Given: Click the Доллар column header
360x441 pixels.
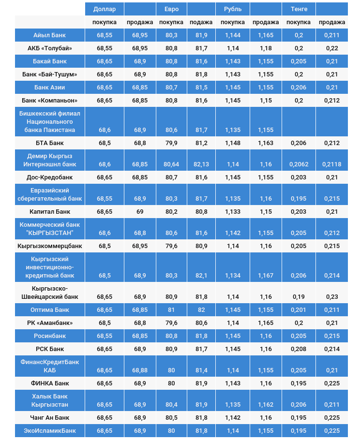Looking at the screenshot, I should (x=105, y=9).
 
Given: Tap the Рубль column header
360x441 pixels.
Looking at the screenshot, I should (x=233, y=9).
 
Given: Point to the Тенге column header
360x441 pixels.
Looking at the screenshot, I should (x=299, y=9).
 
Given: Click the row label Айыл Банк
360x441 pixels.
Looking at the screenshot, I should (x=50, y=35).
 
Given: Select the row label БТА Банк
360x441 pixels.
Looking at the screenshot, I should (x=50, y=143).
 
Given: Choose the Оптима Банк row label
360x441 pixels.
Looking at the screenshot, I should (x=50, y=309).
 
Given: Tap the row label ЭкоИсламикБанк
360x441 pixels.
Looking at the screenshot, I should (x=50, y=430).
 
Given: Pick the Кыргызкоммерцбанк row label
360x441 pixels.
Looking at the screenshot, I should (x=50, y=246).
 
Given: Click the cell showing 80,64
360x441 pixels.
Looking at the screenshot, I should (x=171, y=164).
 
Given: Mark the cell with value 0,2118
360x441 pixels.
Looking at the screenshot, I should (x=332, y=164).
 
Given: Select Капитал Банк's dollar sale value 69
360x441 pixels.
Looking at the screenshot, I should (x=140, y=212).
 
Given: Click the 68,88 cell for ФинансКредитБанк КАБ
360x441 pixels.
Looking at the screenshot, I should (x=140, y=370).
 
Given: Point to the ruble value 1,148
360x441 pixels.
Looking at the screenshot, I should (x=233, y=143).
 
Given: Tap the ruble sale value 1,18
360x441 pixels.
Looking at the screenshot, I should (x=266, y=48).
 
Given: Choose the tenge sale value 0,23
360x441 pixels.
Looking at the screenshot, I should (x=332, y=297).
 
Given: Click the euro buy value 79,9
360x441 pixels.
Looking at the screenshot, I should (x=171, y=143).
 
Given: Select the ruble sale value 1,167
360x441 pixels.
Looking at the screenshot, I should (x=266, y=276).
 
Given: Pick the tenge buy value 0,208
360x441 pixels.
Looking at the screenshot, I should (x=299, y=349).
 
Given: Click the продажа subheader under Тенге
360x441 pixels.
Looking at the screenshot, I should (x=332, y=22).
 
